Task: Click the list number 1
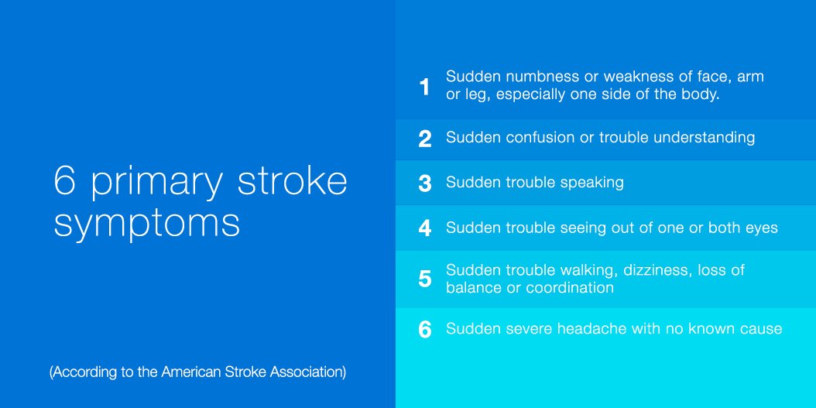(x=424, y=87)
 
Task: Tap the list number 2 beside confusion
(x=424, y=139)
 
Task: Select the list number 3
(x=424, y=183)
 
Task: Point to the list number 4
(x=424, y=228)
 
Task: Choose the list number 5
(x=424, y=279)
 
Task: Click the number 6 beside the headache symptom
(x=424, y=330)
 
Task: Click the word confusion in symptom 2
(x=543, y=138)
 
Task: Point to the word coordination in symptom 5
(x=570, y=288)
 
